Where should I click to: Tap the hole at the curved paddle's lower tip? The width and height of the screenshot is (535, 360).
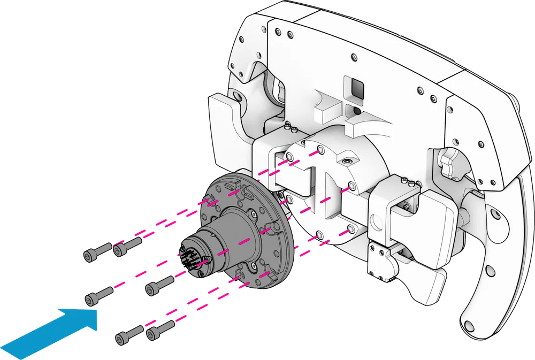point(470,326)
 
